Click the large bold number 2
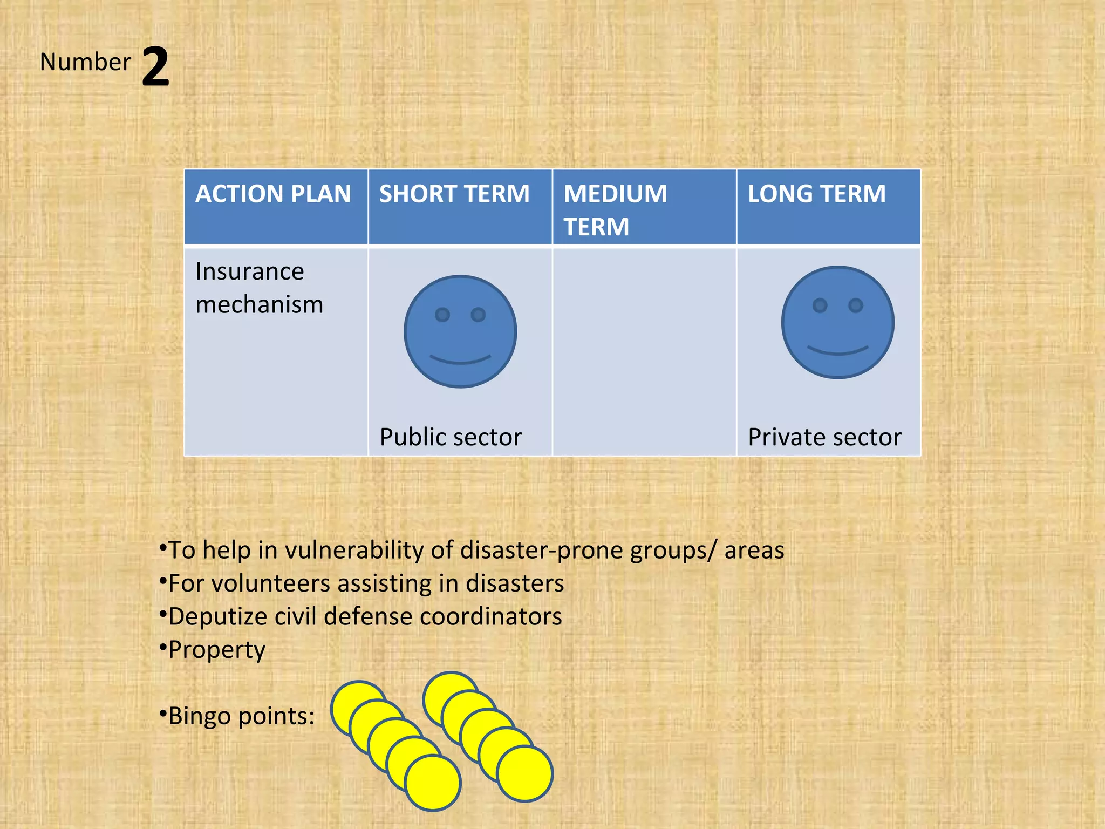[x=155, y=67]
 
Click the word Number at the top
[x=85, y=62]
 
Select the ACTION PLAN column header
[x=273, y=194]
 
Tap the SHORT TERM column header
[x=454, y=194]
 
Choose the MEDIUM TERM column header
[x=615, y=209]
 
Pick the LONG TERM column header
[x=816, y=194]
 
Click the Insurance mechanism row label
[x=259, y=288]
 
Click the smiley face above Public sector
[x=460, y=331]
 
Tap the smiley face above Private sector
[x=837, y=322]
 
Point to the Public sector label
[x=451, y=437]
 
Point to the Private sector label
[x=824, y=437]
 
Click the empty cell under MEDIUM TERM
[x=644, y=351]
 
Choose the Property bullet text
[x=217, y=650]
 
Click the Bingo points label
[x=241, y=716]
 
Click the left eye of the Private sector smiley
[x=820, y=305]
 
